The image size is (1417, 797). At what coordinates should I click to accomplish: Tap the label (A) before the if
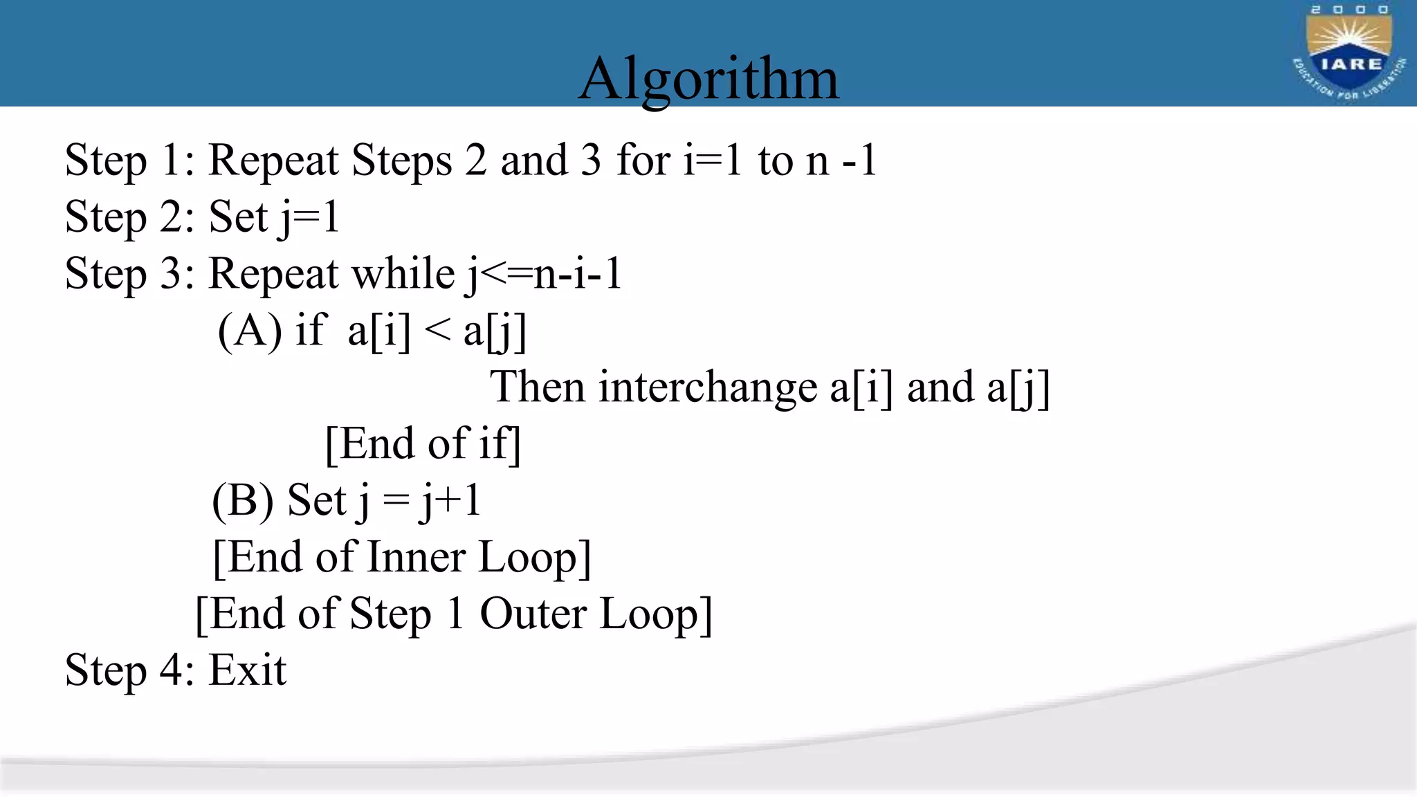coord(250,330)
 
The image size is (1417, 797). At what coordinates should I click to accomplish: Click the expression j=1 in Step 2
coord(309,217)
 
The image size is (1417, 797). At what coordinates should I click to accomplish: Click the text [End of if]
coord(423,443)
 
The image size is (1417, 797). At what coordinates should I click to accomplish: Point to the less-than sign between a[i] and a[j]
coord(437,330)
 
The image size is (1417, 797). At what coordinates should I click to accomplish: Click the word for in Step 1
coord(643,160)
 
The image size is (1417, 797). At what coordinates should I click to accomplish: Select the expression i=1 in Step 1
coord(713,160)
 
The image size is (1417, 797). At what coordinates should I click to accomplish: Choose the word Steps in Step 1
coord(401,161)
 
